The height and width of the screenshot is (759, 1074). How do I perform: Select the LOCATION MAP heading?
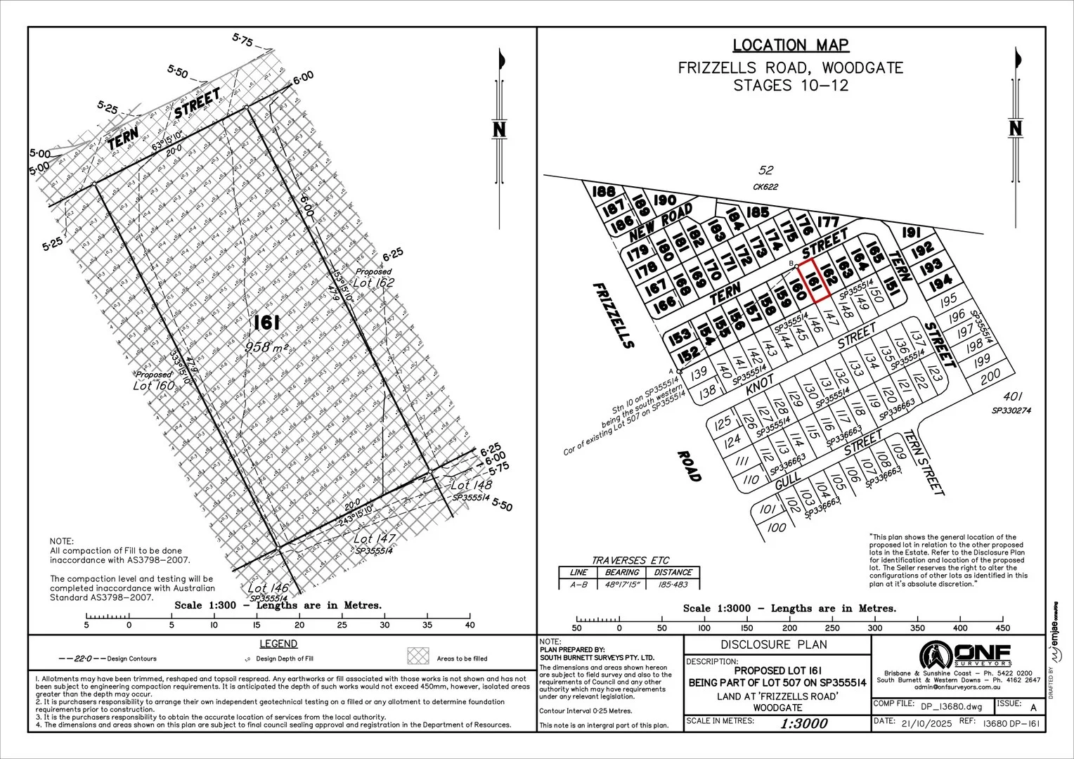[791, 46]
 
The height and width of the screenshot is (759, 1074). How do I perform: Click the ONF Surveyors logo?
[966, 654]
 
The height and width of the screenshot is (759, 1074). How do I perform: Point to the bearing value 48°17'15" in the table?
[621, 584]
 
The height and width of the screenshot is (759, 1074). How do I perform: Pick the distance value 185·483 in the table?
[672, 584]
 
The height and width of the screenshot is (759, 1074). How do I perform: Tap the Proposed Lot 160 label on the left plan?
[154, 380]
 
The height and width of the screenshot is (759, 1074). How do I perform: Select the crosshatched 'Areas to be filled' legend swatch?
[418, 656]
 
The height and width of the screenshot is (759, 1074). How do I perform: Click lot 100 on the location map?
[777, 528]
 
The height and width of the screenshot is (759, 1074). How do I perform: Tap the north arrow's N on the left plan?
[500, 129]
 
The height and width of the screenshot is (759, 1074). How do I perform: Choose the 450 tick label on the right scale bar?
[1002, 628]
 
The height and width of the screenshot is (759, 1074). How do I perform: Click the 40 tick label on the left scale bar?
[470, 625]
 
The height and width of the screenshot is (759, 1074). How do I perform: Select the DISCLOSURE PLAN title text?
[774, 644]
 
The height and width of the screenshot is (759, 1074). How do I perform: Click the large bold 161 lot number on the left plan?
[267, 323]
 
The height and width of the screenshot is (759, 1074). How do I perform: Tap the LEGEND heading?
[278, 644]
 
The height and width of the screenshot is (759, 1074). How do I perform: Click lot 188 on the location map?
[604, 192]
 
